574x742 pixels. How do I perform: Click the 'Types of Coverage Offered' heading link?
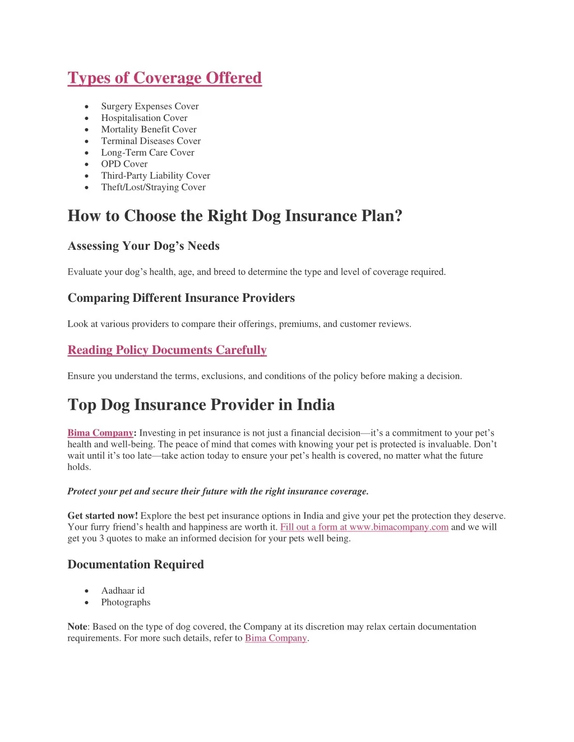click(x=164, y=78)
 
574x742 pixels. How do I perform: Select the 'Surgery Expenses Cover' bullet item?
click(x=150, y=106)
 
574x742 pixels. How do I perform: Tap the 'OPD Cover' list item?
click(x=124, y=164)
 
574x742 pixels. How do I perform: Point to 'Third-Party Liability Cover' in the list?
click(x=155, y=176)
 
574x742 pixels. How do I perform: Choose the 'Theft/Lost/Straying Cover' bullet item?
click(x=153, y=187)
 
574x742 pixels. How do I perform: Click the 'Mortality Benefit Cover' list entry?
click(x=149, y=129)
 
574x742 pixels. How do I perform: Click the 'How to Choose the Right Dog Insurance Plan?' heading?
click(x=235, y=216)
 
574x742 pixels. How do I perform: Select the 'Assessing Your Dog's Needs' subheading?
click(x=143, y=246)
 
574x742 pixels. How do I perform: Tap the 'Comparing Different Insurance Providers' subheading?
click(x=181, y=298)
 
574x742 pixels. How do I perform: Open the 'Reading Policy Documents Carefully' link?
click(x=167, y=350)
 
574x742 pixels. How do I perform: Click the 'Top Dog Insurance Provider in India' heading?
click(x=201, y=405)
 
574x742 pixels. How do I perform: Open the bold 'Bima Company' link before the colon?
click(x=100, y=433)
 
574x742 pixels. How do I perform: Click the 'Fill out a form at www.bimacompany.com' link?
click(x=364, y=527)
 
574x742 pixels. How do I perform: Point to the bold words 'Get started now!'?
click(x=103, y=516)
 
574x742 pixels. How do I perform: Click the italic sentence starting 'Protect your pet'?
click(x=217, y=491)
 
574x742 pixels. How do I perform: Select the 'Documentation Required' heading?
click(x=136, y=564)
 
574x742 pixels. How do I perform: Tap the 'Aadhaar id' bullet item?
click(x=123, y=591)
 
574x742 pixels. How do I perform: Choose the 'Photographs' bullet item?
click(x=126, y=602)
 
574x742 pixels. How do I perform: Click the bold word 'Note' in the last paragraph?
click(x=77, y=627)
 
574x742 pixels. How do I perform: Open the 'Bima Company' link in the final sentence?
click(x=276, y=638)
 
